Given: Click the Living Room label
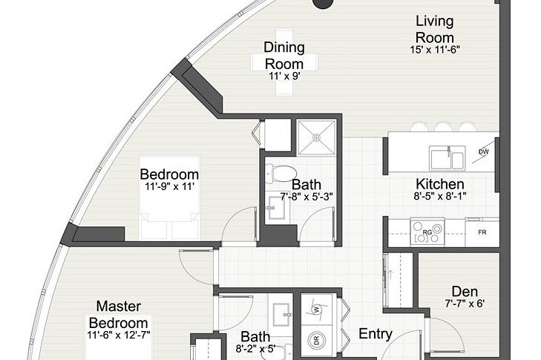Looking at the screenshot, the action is pyautogui.click(x=434, y=29).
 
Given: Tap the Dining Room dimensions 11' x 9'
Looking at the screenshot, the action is pyautogui.click(x=284, y=76).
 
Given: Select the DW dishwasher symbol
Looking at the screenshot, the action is pyautogui.click(x=484, y=151).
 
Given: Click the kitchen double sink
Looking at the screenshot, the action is pyautogui.click(x=447, y=157).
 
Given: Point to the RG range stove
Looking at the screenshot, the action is pyautogui.click(x=427, y=232).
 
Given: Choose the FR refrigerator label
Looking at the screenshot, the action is pyautogui.click(x=482, y=232).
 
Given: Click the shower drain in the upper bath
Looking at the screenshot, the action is pyautogui.click(x=316, y=138).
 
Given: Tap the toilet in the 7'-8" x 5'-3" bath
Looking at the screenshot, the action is pyautogui.click(x=281, y=173).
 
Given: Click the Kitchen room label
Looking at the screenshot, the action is pyautogui.click(x=440, y=184).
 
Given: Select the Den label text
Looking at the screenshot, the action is pyautogui.click(x=465, y=292).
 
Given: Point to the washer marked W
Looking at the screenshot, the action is pyautogui.click(x=316, y=310).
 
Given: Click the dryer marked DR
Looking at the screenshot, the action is pyautogui.click(x=317, y=340).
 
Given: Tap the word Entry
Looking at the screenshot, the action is pyautogui.click(x=376, y=334).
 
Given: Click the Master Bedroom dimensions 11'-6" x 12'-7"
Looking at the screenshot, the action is pyautogui.click(x=118, y=336).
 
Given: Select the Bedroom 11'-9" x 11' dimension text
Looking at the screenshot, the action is pyautogui.click(x=169, y=187).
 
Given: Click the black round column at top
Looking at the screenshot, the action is pyautogui.click(x=323, y=4).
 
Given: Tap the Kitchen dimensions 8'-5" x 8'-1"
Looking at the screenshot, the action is pyautogui.click(x=440, y=197).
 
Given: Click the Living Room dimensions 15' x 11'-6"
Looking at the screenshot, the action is pyautogui.click(x=435, y=50).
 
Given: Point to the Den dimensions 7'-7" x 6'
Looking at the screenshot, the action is pyautogui.click(x=465, y=304).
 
